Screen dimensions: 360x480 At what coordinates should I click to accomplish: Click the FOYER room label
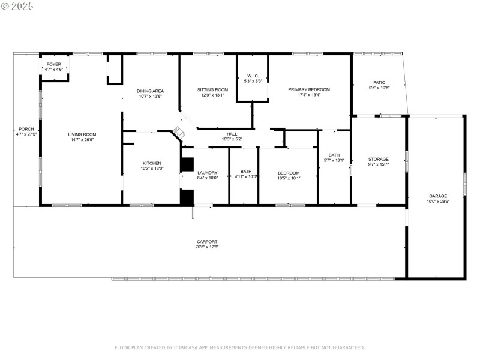(53, 64)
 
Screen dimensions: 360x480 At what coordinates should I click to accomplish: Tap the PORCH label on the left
(26, 129)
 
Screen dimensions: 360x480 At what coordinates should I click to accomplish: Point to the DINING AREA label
(150, 91)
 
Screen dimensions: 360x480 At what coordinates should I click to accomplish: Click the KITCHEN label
(151, 163)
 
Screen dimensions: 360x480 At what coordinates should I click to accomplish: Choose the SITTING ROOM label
(212, 89)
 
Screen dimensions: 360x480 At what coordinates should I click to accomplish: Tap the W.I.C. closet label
(252, 76)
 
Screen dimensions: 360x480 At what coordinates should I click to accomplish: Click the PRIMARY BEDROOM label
(309, 89)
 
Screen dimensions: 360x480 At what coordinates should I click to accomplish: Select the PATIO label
(379, 82)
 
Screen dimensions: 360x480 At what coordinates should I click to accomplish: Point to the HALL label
(232, 134)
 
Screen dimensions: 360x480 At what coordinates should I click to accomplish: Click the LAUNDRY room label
(207, 172)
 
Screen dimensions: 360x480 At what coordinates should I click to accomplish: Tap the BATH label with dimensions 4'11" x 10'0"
(246, 172)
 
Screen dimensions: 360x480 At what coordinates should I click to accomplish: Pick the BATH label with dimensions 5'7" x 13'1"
(334, 155)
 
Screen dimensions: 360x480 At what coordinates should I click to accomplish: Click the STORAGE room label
(378, 159)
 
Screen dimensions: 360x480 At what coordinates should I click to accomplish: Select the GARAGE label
(437, 196)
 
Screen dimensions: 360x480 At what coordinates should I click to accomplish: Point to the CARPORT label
(207, 241)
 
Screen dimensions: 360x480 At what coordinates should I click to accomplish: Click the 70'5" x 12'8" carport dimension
(207, 247)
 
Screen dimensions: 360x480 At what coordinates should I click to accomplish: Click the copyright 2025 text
(17, 5)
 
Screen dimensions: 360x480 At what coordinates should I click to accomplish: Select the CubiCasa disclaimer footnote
(239, 347)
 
